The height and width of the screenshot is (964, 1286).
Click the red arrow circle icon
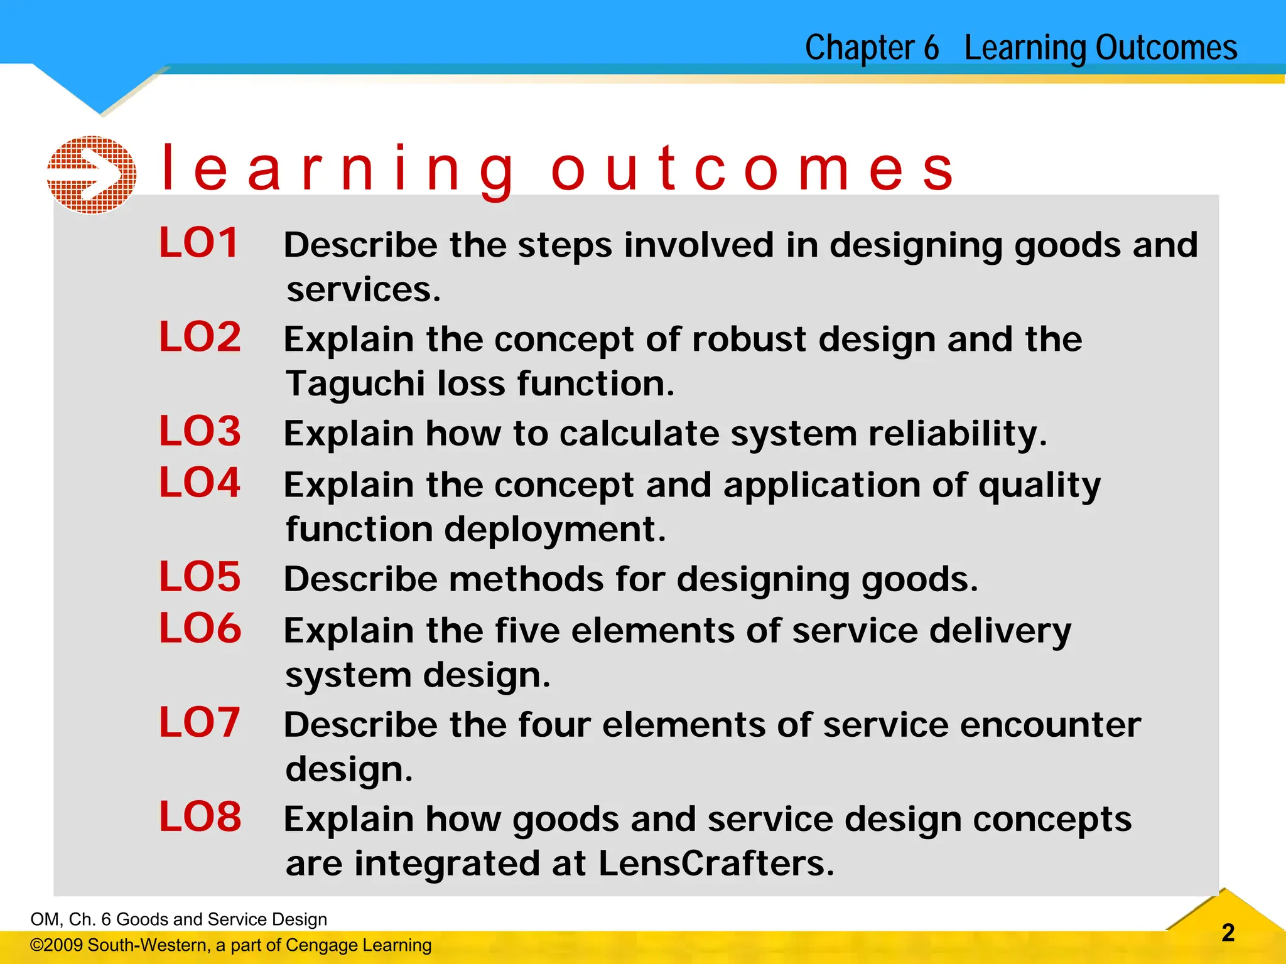92,174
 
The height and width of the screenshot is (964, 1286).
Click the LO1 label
199,243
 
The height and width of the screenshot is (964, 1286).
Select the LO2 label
200,337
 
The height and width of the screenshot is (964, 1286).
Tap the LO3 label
200,431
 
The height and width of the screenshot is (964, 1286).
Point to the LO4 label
200,483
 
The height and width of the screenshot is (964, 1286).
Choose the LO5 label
200,577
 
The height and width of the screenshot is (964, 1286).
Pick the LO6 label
200,628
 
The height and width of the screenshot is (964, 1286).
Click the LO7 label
199,722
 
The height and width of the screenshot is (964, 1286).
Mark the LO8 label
200,817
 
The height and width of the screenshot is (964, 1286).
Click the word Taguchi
354,384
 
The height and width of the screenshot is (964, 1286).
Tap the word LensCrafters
716,864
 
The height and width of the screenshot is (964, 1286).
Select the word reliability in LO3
957,434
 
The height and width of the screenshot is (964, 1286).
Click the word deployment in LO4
554,530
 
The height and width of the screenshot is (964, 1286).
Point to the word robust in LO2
748,340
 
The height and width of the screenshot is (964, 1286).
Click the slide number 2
1228,933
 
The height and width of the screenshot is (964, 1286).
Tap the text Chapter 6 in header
872,48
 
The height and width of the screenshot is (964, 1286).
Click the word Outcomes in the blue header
1165,48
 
